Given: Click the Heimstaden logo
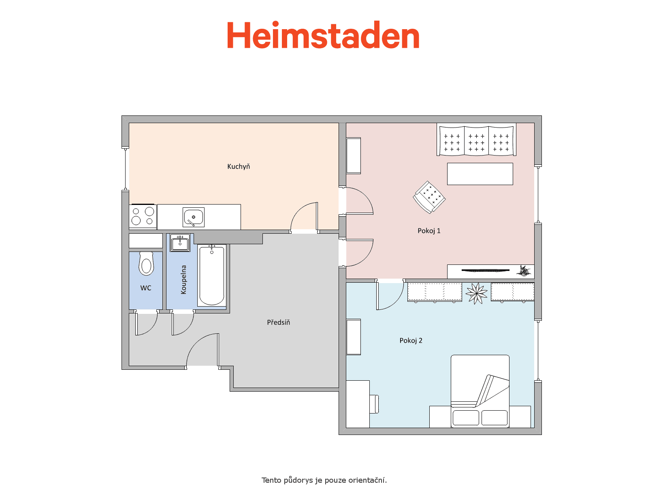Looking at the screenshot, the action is (323, 35).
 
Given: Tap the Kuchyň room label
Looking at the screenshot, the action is (238, 167).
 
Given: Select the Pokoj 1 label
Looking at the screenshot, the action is (428, 231).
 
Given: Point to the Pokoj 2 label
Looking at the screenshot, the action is (411, 341).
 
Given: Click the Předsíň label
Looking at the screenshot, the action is (278, 322).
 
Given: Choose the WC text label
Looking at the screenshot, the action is (146, 288).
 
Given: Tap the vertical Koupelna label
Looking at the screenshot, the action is (183, 280).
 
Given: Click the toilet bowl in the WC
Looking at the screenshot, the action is (146, 264).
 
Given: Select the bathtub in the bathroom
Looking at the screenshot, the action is (212, 275).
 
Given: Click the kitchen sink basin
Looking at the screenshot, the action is (193, 217).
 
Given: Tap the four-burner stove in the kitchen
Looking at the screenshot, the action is (143, 216).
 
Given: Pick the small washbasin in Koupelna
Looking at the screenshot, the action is (180, 243).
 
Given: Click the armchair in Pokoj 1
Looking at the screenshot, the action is (429, 197).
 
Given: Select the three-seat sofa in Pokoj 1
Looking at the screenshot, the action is (476, 140).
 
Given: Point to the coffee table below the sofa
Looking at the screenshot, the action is (480, 174).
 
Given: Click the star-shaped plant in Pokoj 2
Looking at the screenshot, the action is (476, 293).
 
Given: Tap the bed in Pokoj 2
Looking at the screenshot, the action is (480, 391).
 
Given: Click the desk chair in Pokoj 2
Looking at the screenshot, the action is (374, 404).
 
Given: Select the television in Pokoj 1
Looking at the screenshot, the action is (485, 270).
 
